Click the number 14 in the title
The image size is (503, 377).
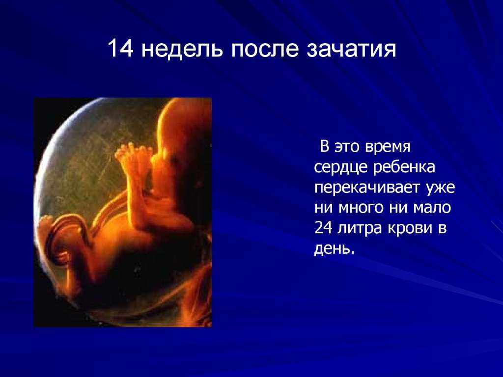[120, 49]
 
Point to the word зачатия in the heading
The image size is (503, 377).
[351, 50]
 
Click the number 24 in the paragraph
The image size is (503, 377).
[323, 228]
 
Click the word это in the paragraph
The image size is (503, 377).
[347, 147]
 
